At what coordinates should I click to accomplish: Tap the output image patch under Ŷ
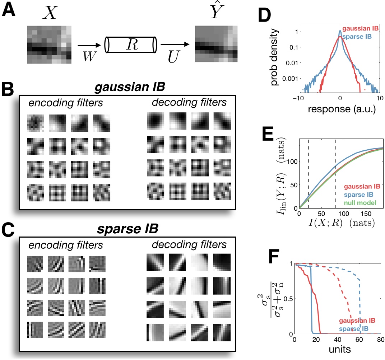click(215, 46)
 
